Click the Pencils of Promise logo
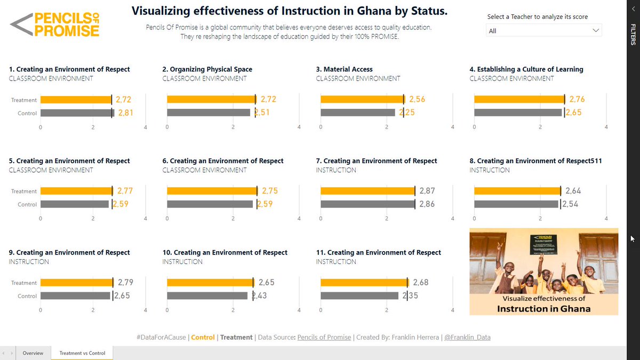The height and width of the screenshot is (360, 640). [x=55, y=25]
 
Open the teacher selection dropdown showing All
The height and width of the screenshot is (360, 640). [x=544, y=31]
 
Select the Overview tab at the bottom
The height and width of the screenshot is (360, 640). [x=34, y=353]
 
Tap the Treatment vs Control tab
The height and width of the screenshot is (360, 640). [x=82, y=353]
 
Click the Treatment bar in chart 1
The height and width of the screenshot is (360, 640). [x=76, y=100]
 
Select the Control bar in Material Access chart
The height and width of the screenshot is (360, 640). [x=357, y=113]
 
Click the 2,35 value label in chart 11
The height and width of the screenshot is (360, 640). [x=410, y=296]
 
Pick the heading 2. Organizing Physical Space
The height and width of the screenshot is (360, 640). [x=207, y=69]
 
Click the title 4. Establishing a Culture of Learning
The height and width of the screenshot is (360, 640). [x=526, y=69]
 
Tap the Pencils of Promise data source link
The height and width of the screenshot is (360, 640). [x=324, y=338]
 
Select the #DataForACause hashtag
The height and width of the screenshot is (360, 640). [x=161, y=338]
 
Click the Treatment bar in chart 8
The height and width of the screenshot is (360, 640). [x=517, y=191]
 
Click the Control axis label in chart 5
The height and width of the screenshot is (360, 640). [x=27, y=205]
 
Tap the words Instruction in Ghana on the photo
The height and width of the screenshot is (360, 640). [x=543, y=309]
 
